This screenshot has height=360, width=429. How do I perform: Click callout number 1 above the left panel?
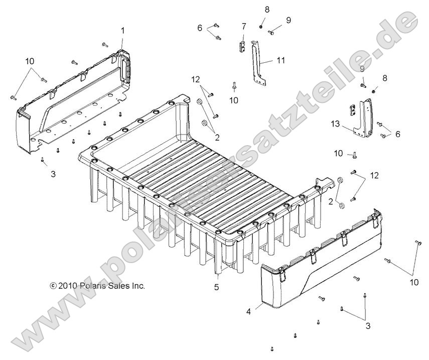click(x=122, y=31)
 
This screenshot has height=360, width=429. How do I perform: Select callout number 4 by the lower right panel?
click(x=248, y=311)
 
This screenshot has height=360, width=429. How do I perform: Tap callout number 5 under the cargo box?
click(x=217, y=288)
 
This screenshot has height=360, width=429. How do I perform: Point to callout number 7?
click(x=244, y=26)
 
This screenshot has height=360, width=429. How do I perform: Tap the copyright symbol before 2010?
click(x=53, y=286)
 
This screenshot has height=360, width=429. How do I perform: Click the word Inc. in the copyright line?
click(x=138, y=286)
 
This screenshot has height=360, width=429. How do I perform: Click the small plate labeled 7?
click(x=242, y=46)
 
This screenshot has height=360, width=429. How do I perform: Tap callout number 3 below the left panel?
click(x=53, y=174)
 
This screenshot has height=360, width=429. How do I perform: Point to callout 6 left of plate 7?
click(x=200, y=28)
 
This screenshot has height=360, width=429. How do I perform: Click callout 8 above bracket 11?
click(x=267, y=10)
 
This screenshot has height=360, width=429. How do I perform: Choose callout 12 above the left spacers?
click(x=195, y=79)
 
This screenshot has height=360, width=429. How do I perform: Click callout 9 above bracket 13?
click(x=362, y=69)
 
